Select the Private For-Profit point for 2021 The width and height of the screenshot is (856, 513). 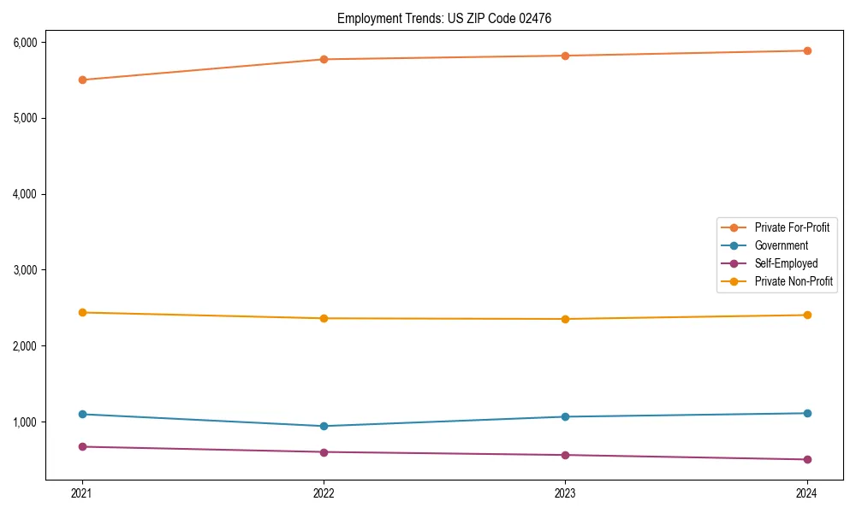click(82, 80)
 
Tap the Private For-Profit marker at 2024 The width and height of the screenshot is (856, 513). click(807, 50)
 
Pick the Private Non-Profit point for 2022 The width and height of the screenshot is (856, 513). click(324, 319)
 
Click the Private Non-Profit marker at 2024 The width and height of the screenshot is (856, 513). click(807, 315)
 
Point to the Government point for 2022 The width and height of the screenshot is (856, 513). click(324, 426)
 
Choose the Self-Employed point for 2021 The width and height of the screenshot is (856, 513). click(82, 447)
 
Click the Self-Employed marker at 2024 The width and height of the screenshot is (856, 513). click(807, 460)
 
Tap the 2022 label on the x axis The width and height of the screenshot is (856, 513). click(324, 492)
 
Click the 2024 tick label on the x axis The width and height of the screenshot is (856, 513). click(807, 492)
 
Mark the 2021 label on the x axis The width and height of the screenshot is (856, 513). click(82, 492)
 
